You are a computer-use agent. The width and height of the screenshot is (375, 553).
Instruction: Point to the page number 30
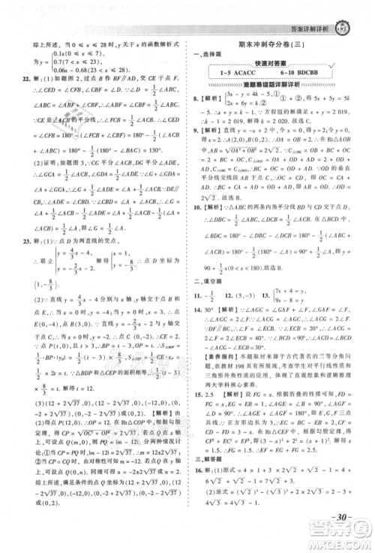(340, 521)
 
